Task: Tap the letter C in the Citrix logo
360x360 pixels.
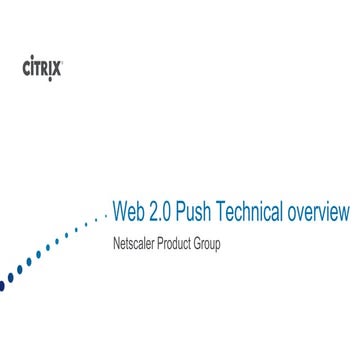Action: (26, 68)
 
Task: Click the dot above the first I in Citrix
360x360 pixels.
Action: (32, 62)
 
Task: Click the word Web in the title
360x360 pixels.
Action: (128, 212)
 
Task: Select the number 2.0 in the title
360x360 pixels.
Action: (163, 212)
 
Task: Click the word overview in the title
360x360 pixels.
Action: (319, 212)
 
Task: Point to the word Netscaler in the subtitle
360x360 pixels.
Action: (135, 243)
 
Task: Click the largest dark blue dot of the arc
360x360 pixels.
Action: (2, 285)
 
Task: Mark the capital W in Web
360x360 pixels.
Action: (120, 212)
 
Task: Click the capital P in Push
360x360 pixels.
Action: (189, 212)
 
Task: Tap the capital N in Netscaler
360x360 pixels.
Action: (116, 243)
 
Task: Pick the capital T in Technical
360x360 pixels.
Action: (230, 212)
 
